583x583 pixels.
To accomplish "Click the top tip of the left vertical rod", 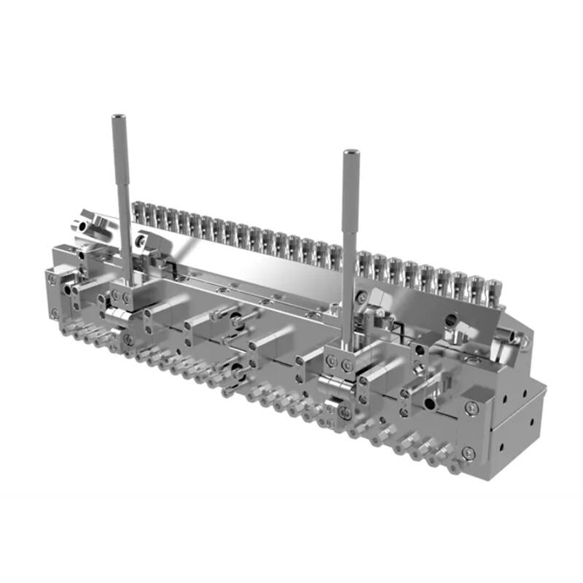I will pyautogui.click(x=117, y=117).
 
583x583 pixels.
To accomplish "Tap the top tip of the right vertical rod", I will pyautogui.click(x=350, y=153).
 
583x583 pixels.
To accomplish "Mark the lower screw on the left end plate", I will pyautogui.click(x=55, y=314).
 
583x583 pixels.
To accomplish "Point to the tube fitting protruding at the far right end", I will pyautogui.click(x=519, y=338).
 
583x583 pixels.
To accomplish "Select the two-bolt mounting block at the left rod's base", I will pyautogui.click(x=124, y=298).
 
